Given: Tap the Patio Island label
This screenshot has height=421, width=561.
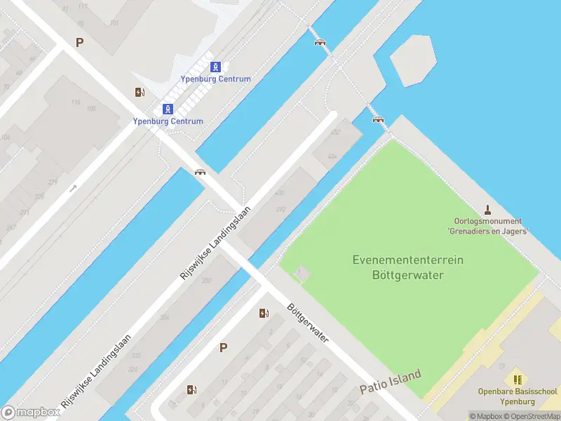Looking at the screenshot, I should [391, 382].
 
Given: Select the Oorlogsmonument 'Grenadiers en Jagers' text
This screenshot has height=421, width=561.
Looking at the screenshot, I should [487, 226].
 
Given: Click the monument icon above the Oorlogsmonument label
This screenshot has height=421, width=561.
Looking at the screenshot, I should [488, 210].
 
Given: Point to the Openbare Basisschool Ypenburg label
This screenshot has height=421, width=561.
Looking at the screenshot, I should [517, 396].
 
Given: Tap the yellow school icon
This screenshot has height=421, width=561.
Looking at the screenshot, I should [518, 380].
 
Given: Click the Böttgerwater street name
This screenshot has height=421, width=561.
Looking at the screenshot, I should [308, 323].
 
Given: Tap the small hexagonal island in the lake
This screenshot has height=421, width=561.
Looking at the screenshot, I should [413, 60].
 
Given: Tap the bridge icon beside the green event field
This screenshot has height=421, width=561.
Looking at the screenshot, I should [379, 119].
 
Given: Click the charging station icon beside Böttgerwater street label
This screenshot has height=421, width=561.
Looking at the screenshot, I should [264, 313].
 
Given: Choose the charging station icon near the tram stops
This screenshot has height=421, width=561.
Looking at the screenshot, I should [140, 92].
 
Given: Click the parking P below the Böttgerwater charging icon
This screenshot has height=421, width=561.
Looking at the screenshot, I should [224, 347].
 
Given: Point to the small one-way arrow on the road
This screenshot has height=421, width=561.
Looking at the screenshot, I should [74, 188].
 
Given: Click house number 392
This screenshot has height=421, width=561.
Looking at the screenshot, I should [280, 209].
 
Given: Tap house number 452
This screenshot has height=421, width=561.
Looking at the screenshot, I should [336, 132].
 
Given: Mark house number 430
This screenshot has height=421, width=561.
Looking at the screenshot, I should [280, 192].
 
